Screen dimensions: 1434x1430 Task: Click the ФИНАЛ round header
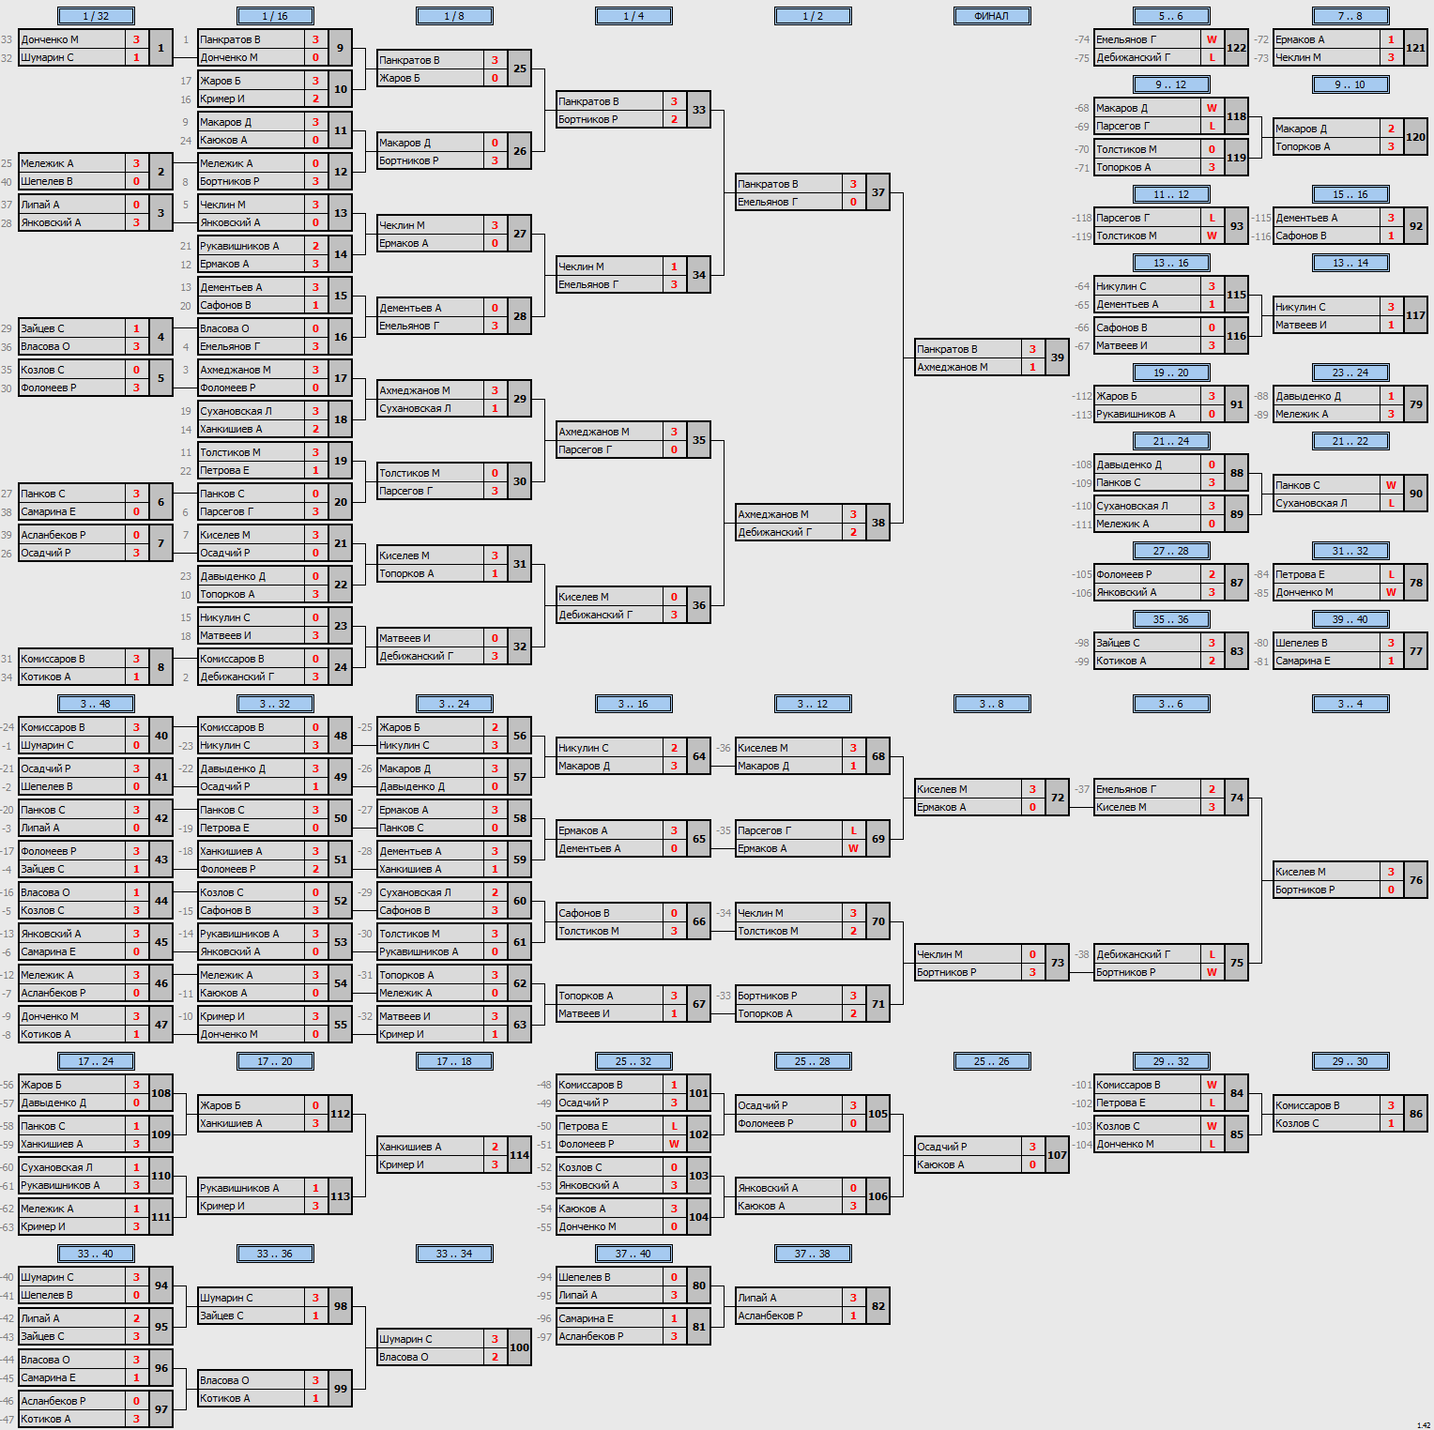pos(992,16)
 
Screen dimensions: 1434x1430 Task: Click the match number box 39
pos(1058,357)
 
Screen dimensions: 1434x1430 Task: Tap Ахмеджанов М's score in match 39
pos(1032,367)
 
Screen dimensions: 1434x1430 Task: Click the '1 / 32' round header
pos(96,16)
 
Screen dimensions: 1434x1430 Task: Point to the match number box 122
pos(1237,48)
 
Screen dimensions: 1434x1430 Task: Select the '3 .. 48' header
pos(96,704)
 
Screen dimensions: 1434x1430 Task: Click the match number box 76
pos(1416,880)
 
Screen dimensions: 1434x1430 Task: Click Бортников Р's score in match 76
pos(1391,890)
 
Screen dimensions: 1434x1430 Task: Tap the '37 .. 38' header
pos(813,1254)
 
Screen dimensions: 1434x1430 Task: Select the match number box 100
pos(520,1347)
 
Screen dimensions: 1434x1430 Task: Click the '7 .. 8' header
pos(1350,16)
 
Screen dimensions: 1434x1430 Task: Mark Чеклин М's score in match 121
pos(1391,57)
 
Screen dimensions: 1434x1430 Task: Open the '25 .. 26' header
pos(992,1061)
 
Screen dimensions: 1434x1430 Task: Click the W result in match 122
pos(1212,39)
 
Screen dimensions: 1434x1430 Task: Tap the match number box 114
pos(520,1155)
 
